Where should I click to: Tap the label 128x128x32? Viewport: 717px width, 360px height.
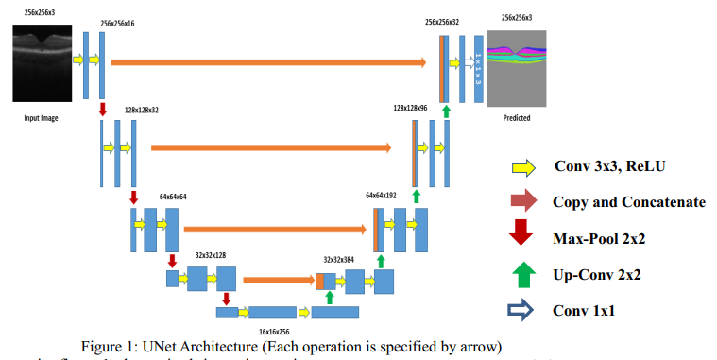coord(141,110)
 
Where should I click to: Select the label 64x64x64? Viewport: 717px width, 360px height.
coord(173,196)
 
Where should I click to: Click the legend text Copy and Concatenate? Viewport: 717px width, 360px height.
coord(628,202)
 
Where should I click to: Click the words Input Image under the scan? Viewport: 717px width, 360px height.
coord(42,120)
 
